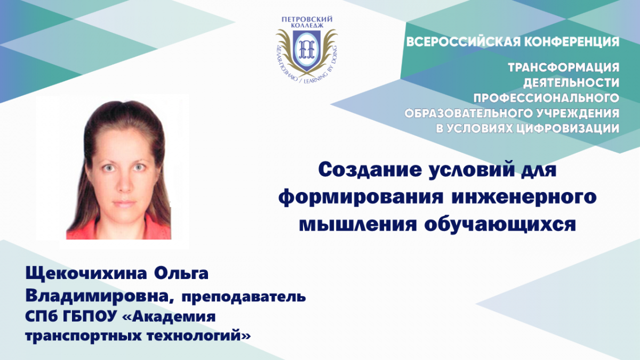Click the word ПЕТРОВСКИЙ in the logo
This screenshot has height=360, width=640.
[307, 19]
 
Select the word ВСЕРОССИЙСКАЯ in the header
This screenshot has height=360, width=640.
[463, 42]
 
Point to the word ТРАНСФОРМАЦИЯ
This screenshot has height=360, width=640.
[563, 68]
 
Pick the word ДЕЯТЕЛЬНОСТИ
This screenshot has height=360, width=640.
[571, 83]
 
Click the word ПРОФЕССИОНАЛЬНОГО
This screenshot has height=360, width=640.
[546, 98]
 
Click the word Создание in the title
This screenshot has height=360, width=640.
[370, 170]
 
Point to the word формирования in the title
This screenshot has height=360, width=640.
[361, 198]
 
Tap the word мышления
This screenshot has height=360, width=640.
[358, 224]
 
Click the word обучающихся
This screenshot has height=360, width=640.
[500, 225]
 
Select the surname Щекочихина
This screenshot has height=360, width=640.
[86, 274]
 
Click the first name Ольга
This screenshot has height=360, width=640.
[181, 273]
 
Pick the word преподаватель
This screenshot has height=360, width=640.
[244, 297]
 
